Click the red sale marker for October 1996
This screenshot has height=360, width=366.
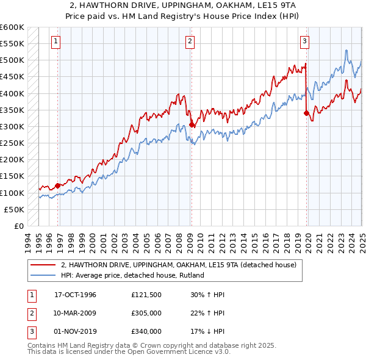pyautogui.click(x=58, y=185)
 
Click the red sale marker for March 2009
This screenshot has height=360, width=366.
pyautogui.click(x=192, y=124)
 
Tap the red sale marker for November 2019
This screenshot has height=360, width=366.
pyautogui.click(x=306, y=113)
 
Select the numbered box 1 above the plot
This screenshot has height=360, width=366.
pyautogui.click(x=56, y=41)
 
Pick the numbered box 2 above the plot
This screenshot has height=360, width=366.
pyautogui.click(x=190, y=41)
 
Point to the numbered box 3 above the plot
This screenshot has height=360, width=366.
pyautogui.click(x=304, y=41)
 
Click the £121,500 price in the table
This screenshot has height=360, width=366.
pyautogui.click(x=146, y=295)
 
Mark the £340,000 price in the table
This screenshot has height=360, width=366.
pyautogui.click(x=146, y=331)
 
